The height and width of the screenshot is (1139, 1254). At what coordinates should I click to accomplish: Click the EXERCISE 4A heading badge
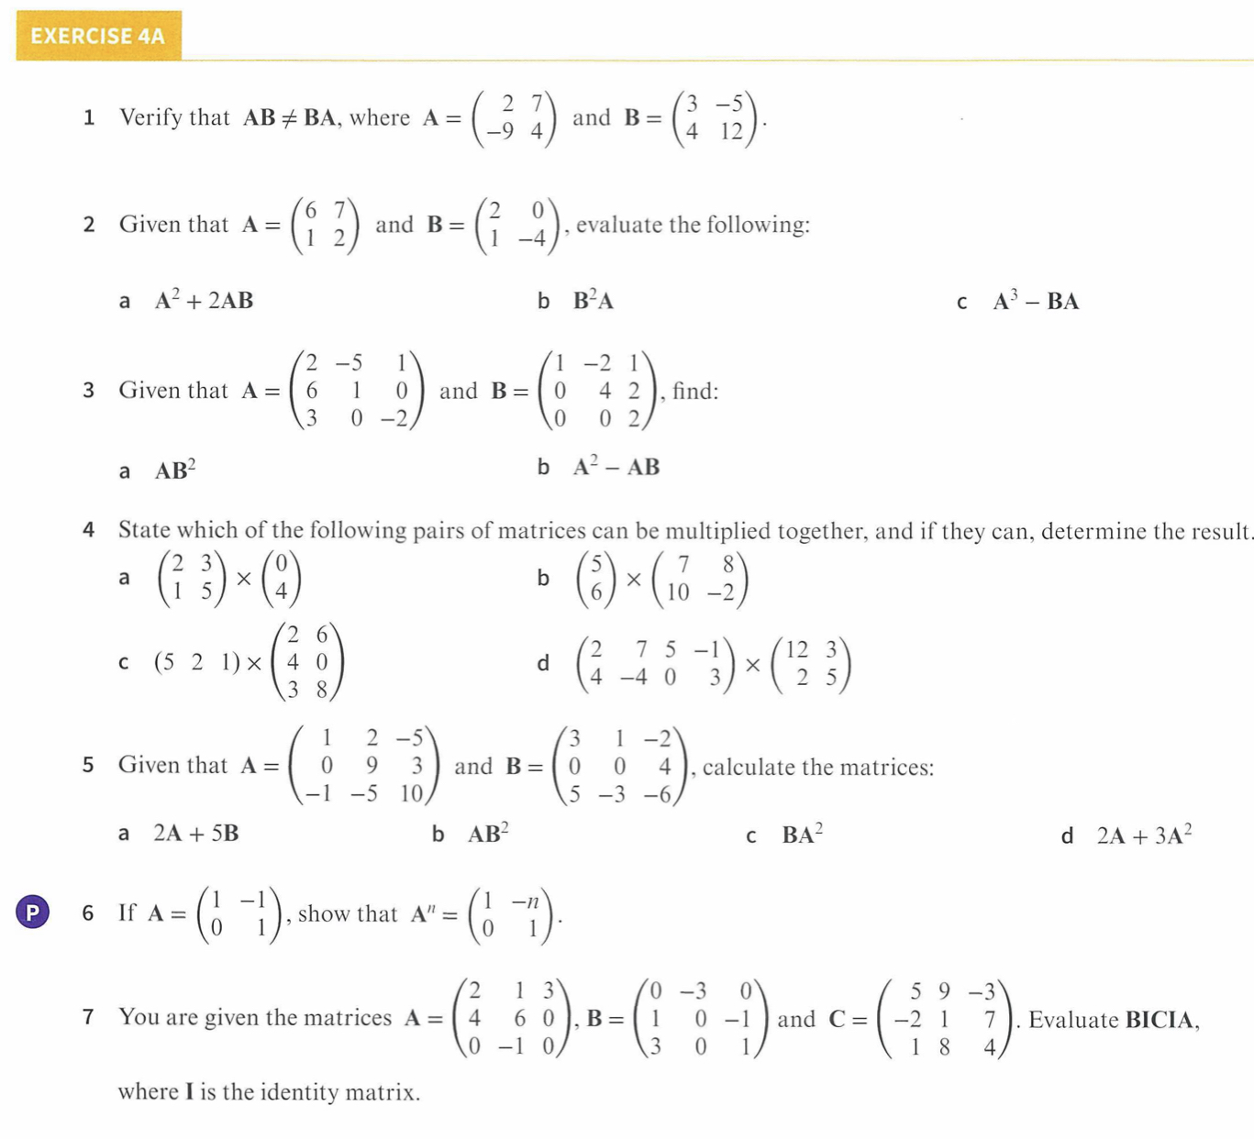98,36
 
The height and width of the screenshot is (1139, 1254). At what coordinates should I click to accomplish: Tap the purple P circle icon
33,912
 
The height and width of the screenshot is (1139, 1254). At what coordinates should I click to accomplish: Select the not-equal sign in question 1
289,118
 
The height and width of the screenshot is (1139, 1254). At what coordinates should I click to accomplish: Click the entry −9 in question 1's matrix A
500,132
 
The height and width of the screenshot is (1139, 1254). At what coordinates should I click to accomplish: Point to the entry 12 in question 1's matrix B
731,132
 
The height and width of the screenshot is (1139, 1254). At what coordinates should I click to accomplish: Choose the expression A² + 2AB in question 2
204,301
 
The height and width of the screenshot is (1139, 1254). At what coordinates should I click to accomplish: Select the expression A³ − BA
1036,301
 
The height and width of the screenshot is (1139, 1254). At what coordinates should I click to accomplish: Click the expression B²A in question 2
593,301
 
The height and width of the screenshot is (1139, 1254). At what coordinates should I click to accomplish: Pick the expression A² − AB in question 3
616,467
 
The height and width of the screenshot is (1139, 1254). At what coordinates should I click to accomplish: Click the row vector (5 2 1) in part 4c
197,662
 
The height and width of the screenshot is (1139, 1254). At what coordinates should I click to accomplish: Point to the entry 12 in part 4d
796,650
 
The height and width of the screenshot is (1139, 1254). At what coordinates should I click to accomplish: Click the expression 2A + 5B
195,834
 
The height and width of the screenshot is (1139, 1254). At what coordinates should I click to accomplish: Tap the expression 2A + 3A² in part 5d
1144,835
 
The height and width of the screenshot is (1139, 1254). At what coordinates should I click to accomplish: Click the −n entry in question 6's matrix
525,901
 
